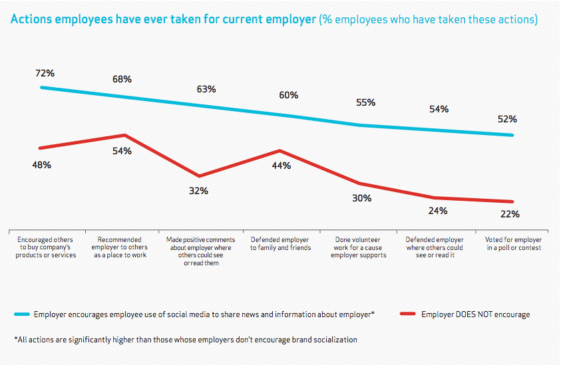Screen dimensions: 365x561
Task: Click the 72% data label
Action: (x=45, y=72)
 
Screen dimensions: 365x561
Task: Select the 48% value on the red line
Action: (x=41, y=164)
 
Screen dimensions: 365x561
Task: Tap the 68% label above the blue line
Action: (x=122, y=79)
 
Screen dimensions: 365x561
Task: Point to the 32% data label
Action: (x=199, y=191)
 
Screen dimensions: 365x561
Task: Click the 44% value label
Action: (x=281, y=166)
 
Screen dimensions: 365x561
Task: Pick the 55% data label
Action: (x=365, y=102)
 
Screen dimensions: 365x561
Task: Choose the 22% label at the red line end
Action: (x=510, y=214)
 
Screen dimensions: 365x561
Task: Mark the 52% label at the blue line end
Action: (x=507, y=119)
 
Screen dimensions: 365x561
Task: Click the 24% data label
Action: (x=438, y=211)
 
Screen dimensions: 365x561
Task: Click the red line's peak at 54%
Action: (x=124, y=135)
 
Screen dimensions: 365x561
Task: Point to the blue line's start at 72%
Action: (x=41, y=87)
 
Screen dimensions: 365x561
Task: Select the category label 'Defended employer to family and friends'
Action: (x=280, y=243)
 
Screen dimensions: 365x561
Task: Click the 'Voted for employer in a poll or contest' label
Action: (x=514, y=243)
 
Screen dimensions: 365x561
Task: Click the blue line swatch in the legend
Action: (x=21, y=314)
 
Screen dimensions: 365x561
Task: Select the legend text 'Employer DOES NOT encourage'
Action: (x=475, y=314)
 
